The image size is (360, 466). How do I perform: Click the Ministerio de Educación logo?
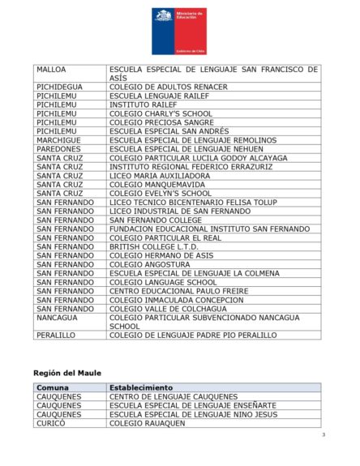[x=179, y=31]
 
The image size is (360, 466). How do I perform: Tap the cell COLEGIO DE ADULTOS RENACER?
[x=169, y=87]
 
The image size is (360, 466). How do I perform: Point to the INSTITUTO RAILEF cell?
[x=143, y=105]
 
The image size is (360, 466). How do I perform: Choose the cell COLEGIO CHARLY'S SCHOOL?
[x=160, y=113]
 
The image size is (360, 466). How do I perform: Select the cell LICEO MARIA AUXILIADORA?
[x=160, y=176]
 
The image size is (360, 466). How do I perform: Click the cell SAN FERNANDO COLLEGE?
[x=156, y=220]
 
